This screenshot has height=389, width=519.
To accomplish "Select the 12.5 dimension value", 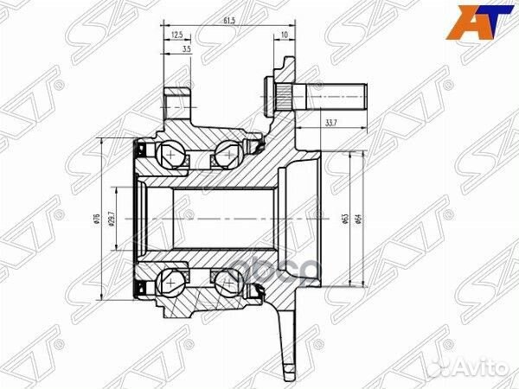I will [176, 35].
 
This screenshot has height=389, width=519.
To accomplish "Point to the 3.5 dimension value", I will [187, 50].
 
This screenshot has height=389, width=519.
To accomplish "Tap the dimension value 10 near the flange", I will [285, 35].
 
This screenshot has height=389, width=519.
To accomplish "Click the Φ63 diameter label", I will [344, 219].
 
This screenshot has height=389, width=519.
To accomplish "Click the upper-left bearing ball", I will [171, 156].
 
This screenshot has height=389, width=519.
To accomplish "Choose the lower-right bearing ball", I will [229, 282].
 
